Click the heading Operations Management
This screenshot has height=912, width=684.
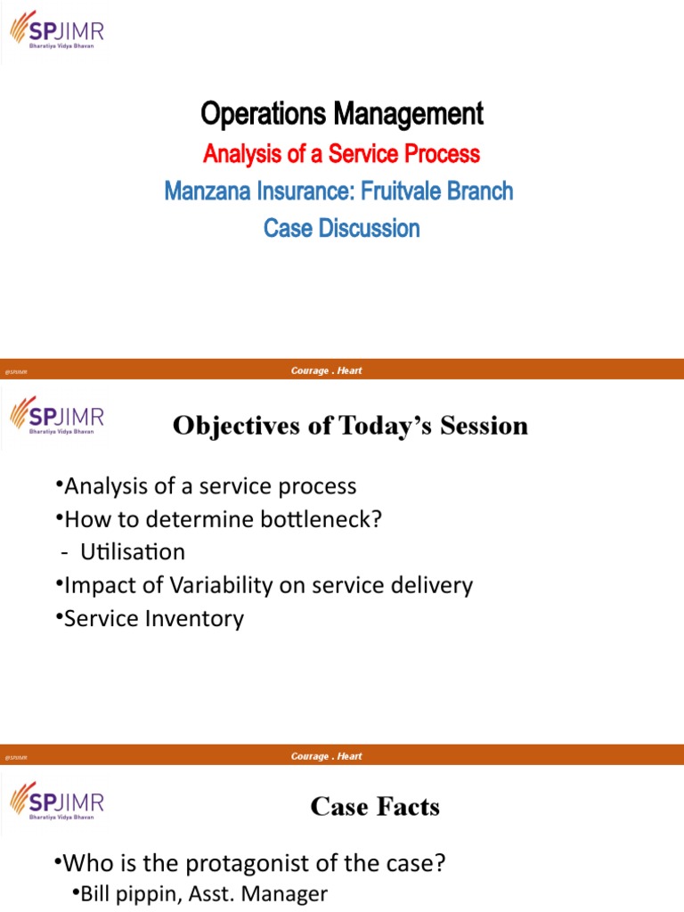click(x=342, y=114)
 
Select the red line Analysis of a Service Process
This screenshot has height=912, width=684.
click(x=342, y=154)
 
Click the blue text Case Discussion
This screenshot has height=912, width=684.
click(x=342, y=228)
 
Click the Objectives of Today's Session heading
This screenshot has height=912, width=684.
click(x=350, y=426)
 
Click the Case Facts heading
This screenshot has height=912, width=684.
click(x=375, y=807)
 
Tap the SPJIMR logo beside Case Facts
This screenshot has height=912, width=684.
click(x=57, y=797)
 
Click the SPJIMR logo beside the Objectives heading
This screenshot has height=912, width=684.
click(x=57, y=416)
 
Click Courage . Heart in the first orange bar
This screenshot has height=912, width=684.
click(x=326, y=371)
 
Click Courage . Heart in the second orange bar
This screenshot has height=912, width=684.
click(x=326, y=756)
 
